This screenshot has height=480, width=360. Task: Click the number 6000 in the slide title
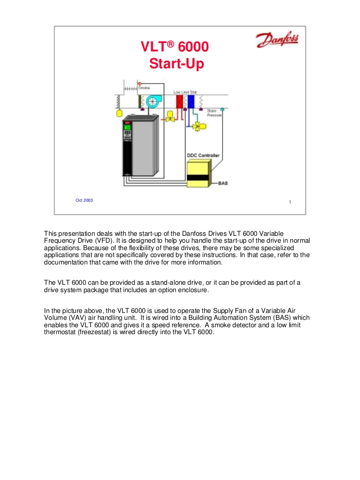(x=193, y=47)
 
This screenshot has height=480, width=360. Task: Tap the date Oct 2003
(x=84, y=200)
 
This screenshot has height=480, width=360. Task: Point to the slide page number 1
(x=290, y=202)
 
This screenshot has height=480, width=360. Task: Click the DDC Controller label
(x=203, y=155)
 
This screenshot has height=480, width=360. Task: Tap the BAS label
(x=223, y=183)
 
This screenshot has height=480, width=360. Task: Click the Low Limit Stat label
(x=185, y=92)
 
